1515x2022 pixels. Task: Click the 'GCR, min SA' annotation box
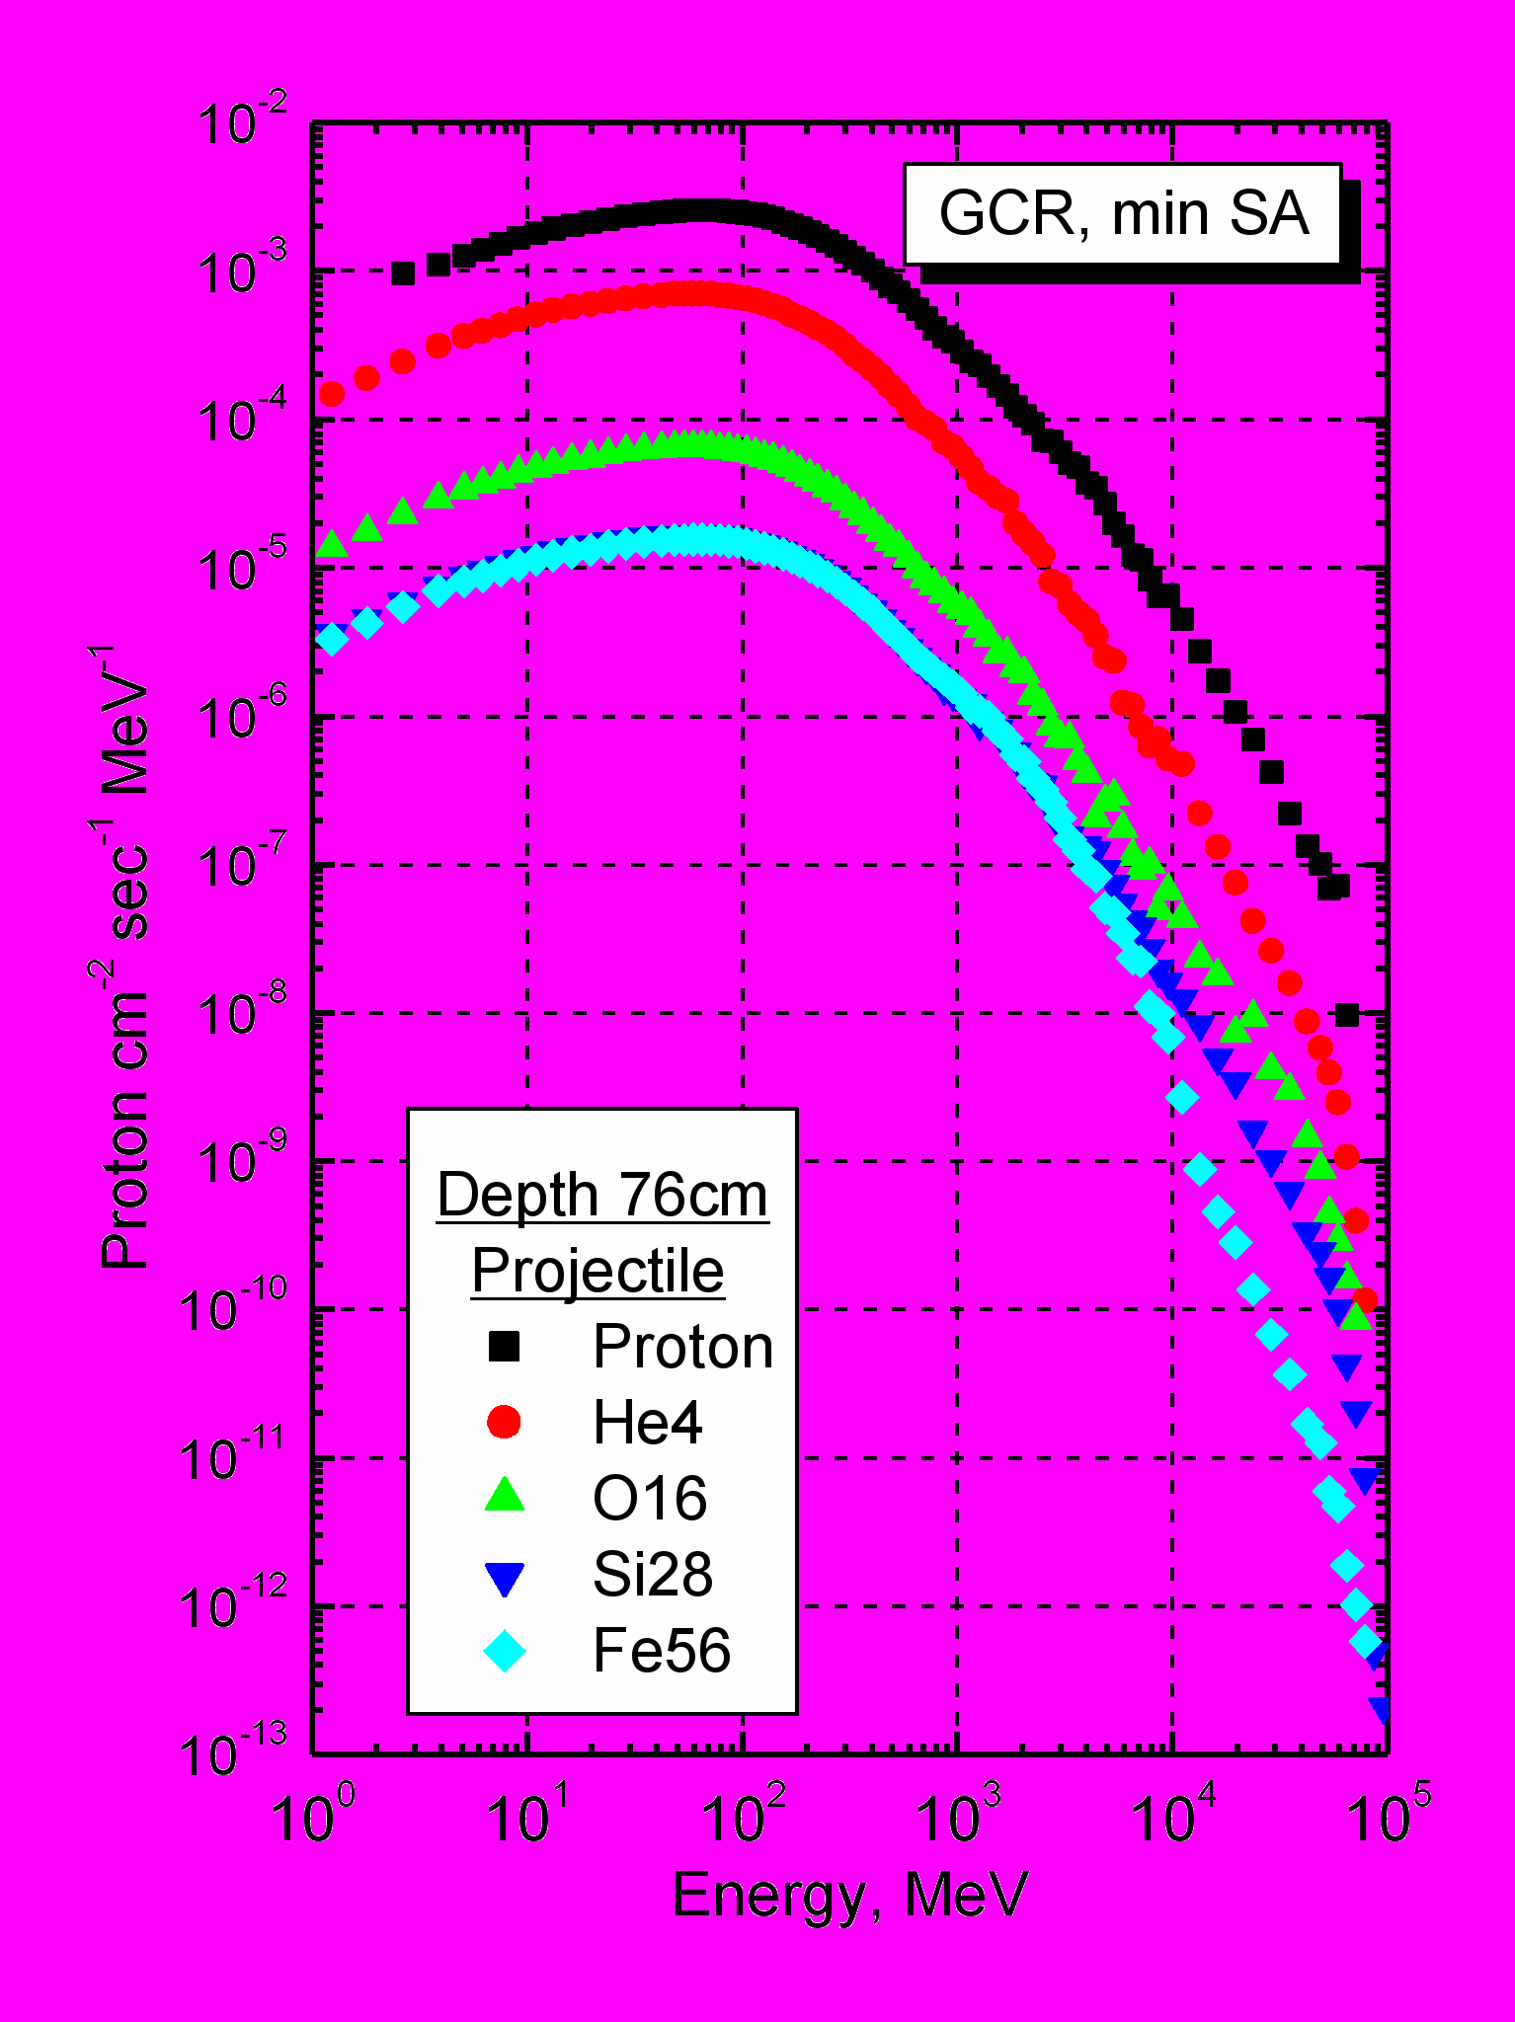1123,213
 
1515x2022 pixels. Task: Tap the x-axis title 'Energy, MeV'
849,1894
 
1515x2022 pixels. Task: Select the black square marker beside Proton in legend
504,1346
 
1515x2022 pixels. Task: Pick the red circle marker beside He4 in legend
504,1422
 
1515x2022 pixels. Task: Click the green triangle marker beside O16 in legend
504,1495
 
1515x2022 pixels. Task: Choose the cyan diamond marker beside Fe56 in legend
504,1650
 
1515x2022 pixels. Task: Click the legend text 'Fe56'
662,1650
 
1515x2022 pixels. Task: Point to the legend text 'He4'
647,1423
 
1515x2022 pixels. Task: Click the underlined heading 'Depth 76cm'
602,1195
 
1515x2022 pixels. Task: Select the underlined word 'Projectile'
598,1270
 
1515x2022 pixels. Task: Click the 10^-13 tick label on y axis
233,1753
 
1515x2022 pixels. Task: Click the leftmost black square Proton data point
402,273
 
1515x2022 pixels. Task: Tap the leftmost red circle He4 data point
332,394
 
